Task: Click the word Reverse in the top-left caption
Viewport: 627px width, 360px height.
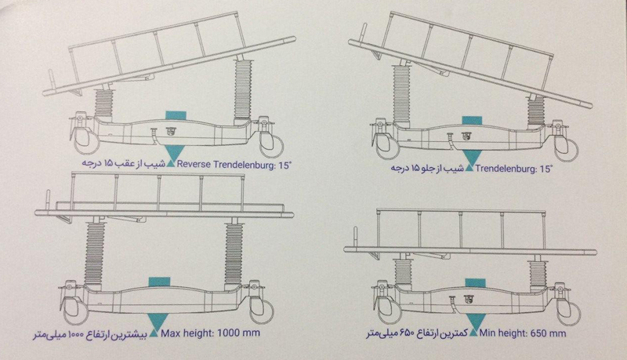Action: tap(194, 164)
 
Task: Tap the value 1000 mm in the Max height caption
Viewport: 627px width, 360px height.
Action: tap(238, 333)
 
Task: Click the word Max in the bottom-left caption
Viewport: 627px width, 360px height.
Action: tap(171, 333)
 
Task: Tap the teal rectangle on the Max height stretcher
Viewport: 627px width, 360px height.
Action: tap(159, 282)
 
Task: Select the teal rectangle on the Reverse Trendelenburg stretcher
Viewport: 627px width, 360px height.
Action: tap(176, 114)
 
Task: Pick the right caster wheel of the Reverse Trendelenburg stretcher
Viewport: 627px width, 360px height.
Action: tap(272, 145)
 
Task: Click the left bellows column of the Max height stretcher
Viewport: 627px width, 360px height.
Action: tap(94, 253)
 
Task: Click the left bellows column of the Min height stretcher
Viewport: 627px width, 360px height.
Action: tap(403, 272)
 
